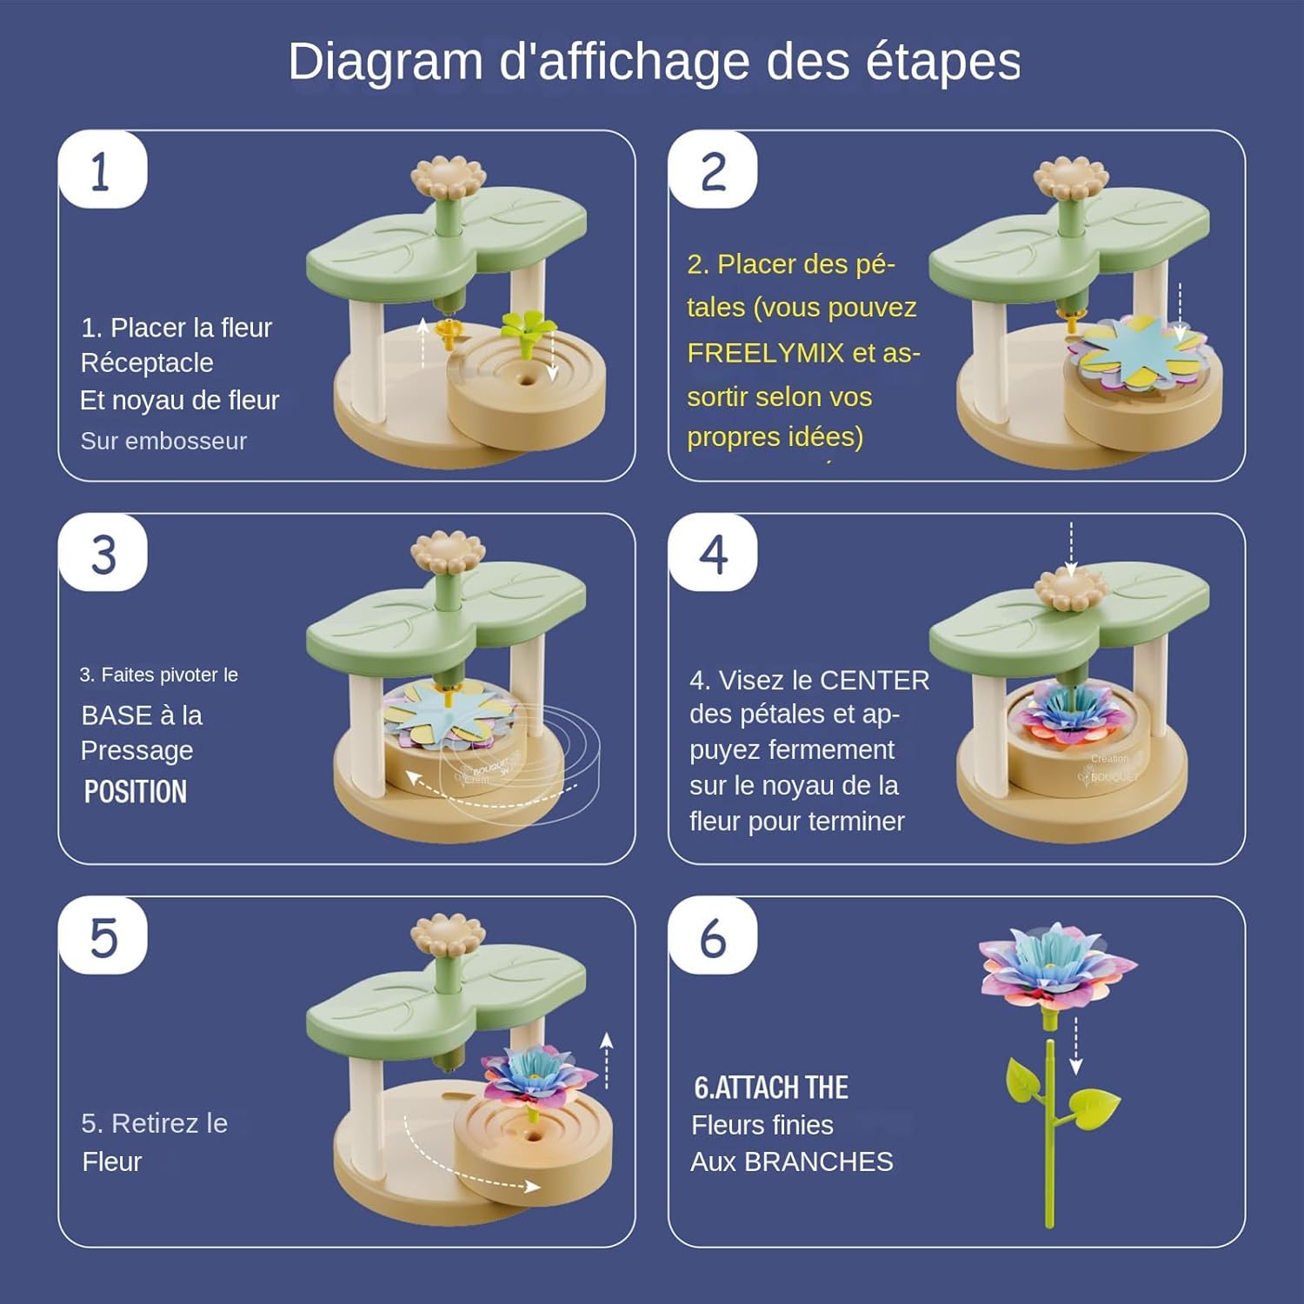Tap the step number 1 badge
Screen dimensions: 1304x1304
[x=103, y=170]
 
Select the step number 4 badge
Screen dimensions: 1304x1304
[x=713, y=554]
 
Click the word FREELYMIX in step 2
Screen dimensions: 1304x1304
[x=766, y=353]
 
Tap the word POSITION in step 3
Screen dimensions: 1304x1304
[x=136, y=792]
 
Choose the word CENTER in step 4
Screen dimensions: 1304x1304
[x=875, y=680]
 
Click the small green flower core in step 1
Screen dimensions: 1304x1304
[x=528, y=329]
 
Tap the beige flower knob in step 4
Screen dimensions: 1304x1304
[x=1071, y=589]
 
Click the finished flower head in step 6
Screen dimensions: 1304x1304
[x=1055, y=966]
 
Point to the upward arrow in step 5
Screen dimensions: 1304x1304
[x=607, y=1059]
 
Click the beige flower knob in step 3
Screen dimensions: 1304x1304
[x=448, y=552]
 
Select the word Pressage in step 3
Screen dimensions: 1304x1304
[x=137, y=750]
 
